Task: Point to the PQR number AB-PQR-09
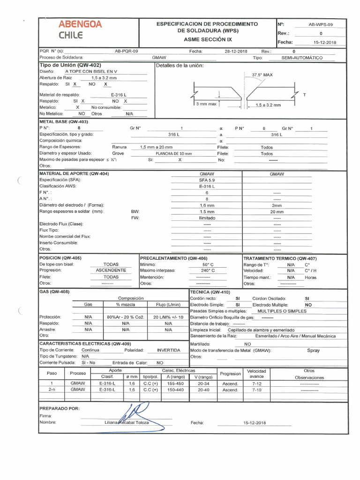pos(126,51)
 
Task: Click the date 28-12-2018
pos(236,51)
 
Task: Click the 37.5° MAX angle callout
pos(262,75)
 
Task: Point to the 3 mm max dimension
pos(206,104)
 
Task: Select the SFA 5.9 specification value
pos(207,180)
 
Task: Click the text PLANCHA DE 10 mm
pos(173,153)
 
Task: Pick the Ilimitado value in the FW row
pos(207,217)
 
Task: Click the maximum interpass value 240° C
pos(208,270)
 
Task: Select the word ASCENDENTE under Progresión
pos(111,270)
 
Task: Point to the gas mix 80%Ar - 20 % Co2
pos(125,317)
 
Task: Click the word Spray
pos(313,350)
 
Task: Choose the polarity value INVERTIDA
pos(168,350)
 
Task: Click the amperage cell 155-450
pos(176,383)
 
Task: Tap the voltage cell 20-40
pos(203,390)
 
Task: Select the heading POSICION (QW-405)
pos(60,258)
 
